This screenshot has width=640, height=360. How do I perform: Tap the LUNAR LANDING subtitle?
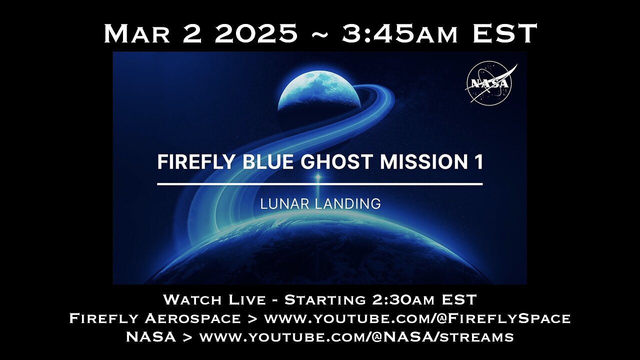(x=319, y=204)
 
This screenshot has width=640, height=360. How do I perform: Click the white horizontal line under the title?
(x=319, y=184)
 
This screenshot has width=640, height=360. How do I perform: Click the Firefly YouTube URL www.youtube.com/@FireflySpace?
(x=417, y=318)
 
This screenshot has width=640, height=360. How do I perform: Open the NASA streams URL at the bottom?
(x=356, y=337)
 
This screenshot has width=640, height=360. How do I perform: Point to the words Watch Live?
(x=214, y=300)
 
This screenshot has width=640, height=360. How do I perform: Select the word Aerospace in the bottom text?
(x=197, y=318)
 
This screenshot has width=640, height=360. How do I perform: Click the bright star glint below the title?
(x=317, y=177)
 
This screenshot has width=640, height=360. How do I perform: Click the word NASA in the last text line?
(x=150, y=337)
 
